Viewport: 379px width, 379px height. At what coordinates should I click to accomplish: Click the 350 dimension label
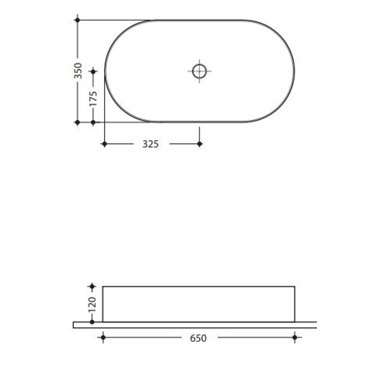(78, 71)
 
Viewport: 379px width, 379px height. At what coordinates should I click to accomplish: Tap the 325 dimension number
(151, 144)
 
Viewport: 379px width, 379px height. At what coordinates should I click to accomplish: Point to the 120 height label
(92, 304)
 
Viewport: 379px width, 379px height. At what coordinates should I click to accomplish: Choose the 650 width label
(198, 338)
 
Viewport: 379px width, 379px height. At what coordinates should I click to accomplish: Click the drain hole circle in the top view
(199, 71)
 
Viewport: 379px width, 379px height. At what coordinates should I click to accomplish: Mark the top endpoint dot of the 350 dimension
(78, 20)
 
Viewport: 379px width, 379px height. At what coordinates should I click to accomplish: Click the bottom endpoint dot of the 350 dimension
(78, 122)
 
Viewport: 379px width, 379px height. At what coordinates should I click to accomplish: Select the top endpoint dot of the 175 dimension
(93, 72)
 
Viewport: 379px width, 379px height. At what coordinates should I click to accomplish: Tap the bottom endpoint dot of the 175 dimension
(93, 122)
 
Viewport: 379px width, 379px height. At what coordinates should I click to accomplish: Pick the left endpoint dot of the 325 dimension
(104, 144)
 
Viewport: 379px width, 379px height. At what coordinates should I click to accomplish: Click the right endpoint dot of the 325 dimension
(199, 144)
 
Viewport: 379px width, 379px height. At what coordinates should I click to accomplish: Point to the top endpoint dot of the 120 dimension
(92, 287)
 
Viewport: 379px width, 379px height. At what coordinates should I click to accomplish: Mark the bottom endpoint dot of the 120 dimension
(92, 321)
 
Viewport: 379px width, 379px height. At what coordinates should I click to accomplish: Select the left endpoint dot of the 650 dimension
(103, 338)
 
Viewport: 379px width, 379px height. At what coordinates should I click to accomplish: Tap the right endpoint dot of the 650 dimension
(295, 338)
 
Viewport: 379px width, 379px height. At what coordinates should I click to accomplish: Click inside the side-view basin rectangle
(199, 304)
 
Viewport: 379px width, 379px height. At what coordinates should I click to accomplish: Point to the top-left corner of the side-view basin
(103, 287)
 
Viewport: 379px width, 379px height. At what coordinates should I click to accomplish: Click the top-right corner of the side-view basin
(295, 287)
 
